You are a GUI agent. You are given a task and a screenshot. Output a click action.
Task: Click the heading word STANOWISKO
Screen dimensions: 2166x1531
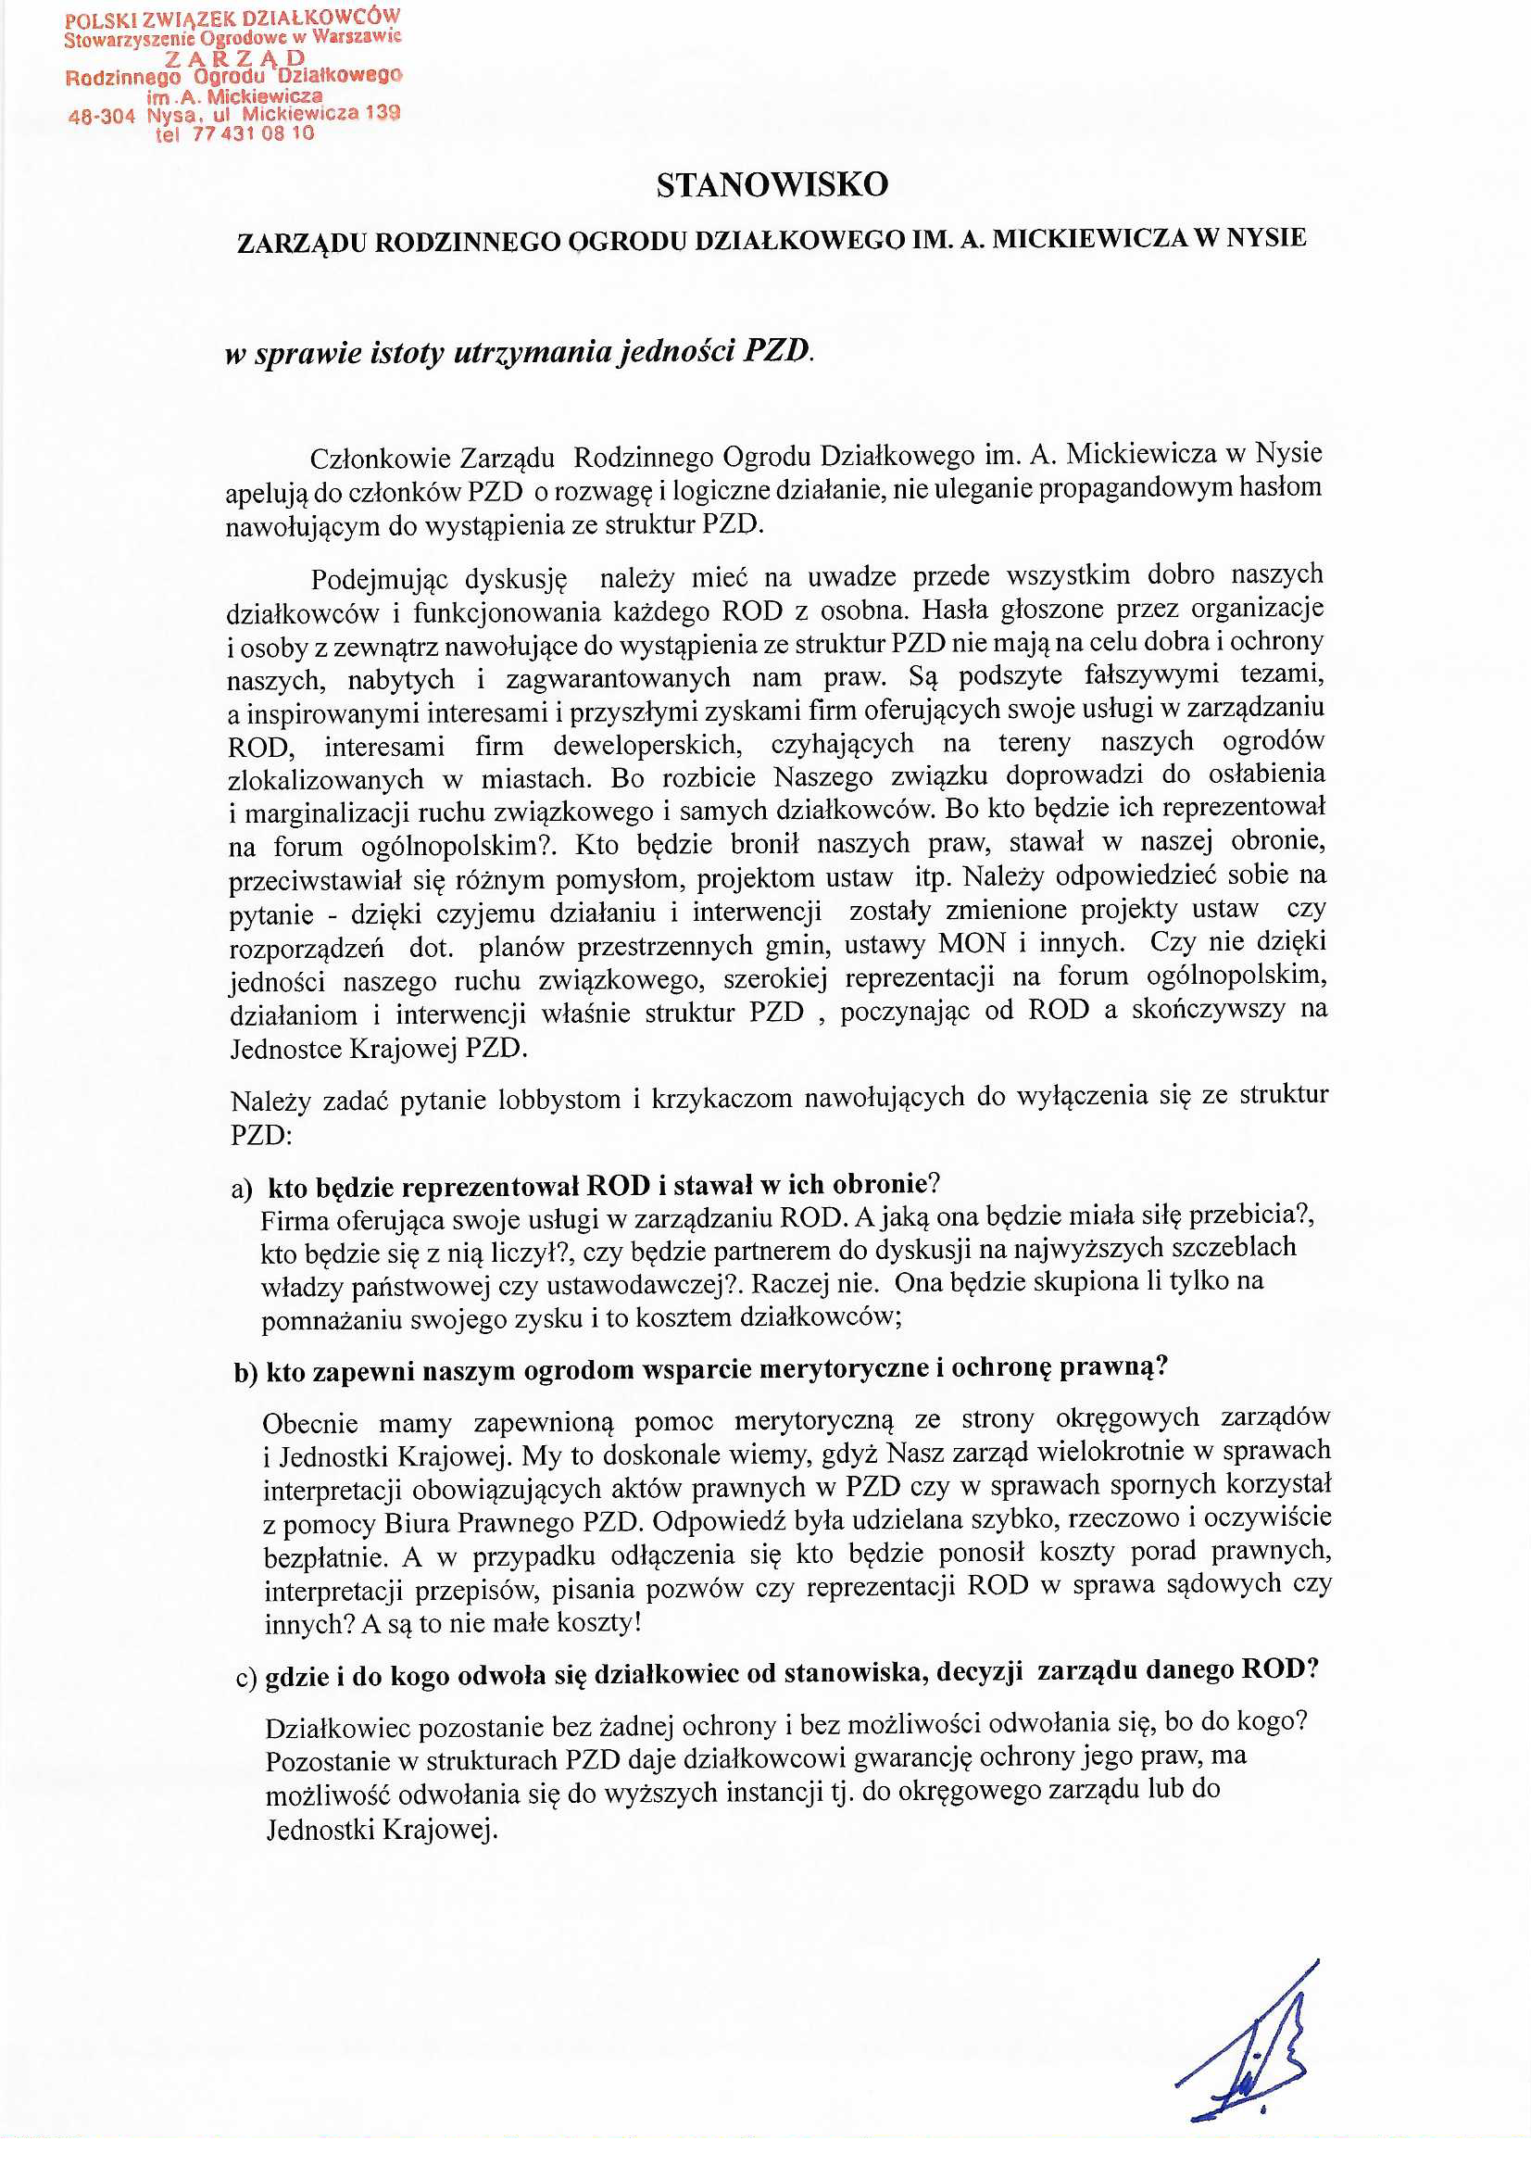(x=772, y=185)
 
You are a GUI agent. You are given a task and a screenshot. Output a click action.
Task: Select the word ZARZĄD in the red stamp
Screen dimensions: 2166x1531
(x=235, y=57)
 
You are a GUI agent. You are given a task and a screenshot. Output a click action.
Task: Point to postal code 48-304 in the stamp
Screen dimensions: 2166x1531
(x=102, y=117)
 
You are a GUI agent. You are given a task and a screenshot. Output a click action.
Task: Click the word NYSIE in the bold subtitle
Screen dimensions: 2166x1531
(x=1266, y=238)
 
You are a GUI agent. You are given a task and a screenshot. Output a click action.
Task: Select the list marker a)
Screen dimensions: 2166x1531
(x=242, y=1188)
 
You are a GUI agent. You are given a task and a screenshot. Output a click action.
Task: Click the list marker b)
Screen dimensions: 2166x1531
(x=245, y=1373)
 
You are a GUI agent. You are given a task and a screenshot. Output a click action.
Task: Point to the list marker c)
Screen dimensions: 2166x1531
(x=246, y=1677)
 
